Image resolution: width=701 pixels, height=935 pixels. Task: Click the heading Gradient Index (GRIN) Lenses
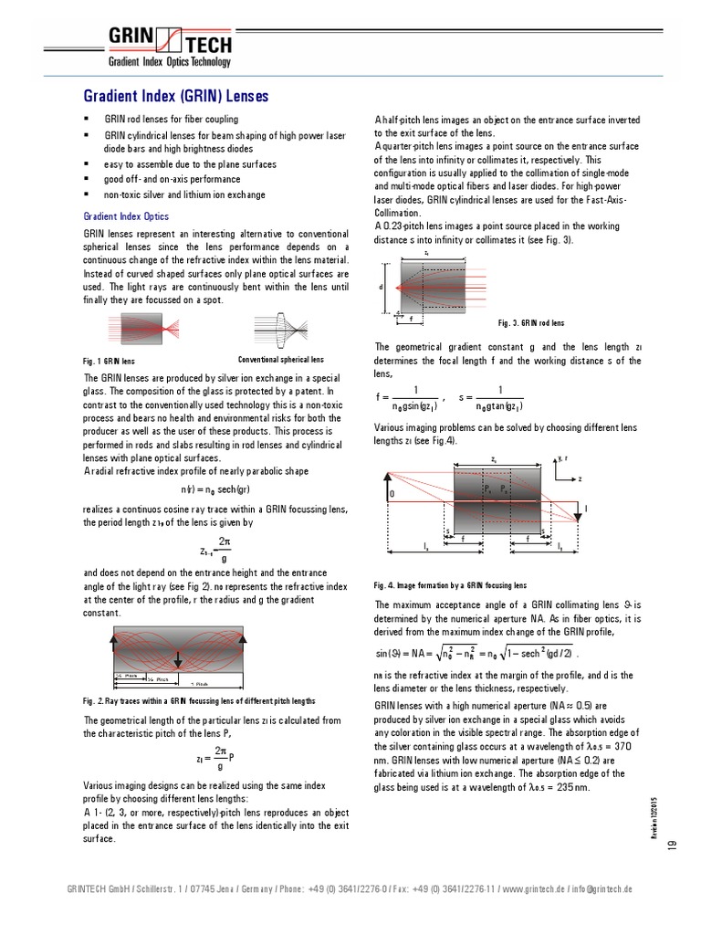pos(176,97)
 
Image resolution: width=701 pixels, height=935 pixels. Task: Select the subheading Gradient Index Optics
pos(126,216)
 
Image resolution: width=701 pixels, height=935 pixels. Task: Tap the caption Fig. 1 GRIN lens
pos(109,361)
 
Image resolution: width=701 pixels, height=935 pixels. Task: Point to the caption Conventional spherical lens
pos(280,360)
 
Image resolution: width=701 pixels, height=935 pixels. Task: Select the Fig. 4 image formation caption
pos(450,585)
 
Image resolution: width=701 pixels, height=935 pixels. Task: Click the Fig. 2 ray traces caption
pos(200,701)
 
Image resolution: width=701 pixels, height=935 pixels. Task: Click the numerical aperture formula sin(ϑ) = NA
pos(476,653)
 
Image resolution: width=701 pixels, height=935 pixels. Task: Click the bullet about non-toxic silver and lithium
pos(184,194)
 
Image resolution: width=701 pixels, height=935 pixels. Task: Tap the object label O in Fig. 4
pos(392,494)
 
